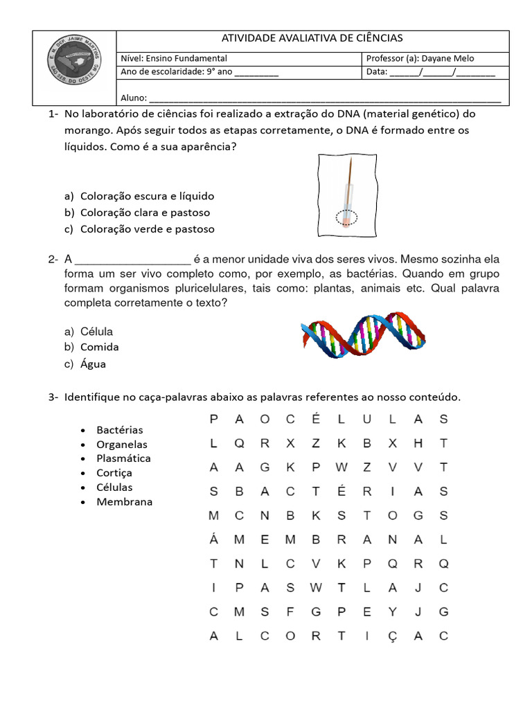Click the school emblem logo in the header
click(74, 68)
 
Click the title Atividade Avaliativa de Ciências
click(311, 39)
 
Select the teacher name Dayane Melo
click(451, 59)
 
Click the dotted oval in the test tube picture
click(346, 218)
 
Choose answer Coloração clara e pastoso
click(145, 213)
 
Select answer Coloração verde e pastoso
click(147, 229)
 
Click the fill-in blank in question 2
click(132, 260)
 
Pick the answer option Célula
click(96, 332)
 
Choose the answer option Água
click(93, 364)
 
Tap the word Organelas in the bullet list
click(122, 445)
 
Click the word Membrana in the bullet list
click(124, 502)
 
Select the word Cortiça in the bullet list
click(114, 473)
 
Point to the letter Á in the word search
click(213, 539)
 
